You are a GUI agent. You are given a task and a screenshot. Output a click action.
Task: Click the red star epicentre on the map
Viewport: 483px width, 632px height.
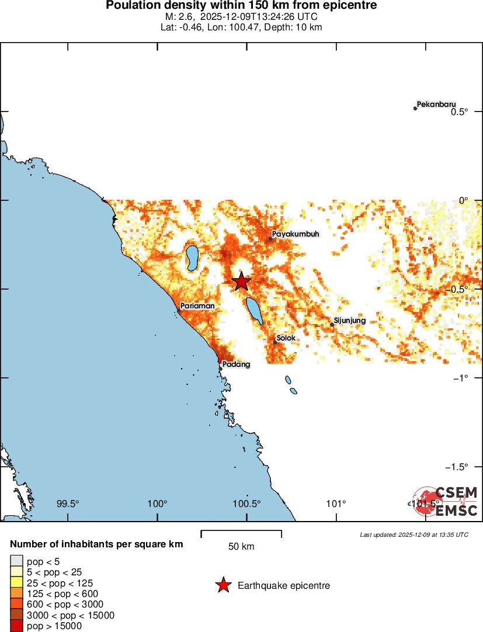click(242, 282)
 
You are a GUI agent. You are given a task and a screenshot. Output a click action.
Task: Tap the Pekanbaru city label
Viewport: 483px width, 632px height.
click(436, 105)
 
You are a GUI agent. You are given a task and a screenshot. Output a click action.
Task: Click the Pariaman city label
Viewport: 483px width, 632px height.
click(197, 305)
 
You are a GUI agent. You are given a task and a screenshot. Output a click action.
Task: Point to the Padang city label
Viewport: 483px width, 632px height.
click(237, 364)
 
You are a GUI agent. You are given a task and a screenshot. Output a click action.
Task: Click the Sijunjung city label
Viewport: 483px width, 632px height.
click(349, 321)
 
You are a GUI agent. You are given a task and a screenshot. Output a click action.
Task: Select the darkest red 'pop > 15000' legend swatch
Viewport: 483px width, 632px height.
click(17, 626)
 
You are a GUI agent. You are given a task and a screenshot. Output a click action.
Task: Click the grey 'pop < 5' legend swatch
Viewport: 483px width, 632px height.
click(17, 562)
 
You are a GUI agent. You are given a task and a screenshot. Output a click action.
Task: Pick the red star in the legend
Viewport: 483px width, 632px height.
click(223, 585)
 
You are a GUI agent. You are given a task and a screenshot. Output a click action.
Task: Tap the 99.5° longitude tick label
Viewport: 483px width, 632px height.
click(68, 504)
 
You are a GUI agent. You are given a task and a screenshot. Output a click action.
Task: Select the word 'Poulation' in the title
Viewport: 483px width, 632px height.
click(131, 6)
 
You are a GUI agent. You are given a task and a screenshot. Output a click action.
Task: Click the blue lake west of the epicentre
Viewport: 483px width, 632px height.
click(192, 258)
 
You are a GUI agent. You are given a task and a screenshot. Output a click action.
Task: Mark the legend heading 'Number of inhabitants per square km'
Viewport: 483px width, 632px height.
click(96, 544)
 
